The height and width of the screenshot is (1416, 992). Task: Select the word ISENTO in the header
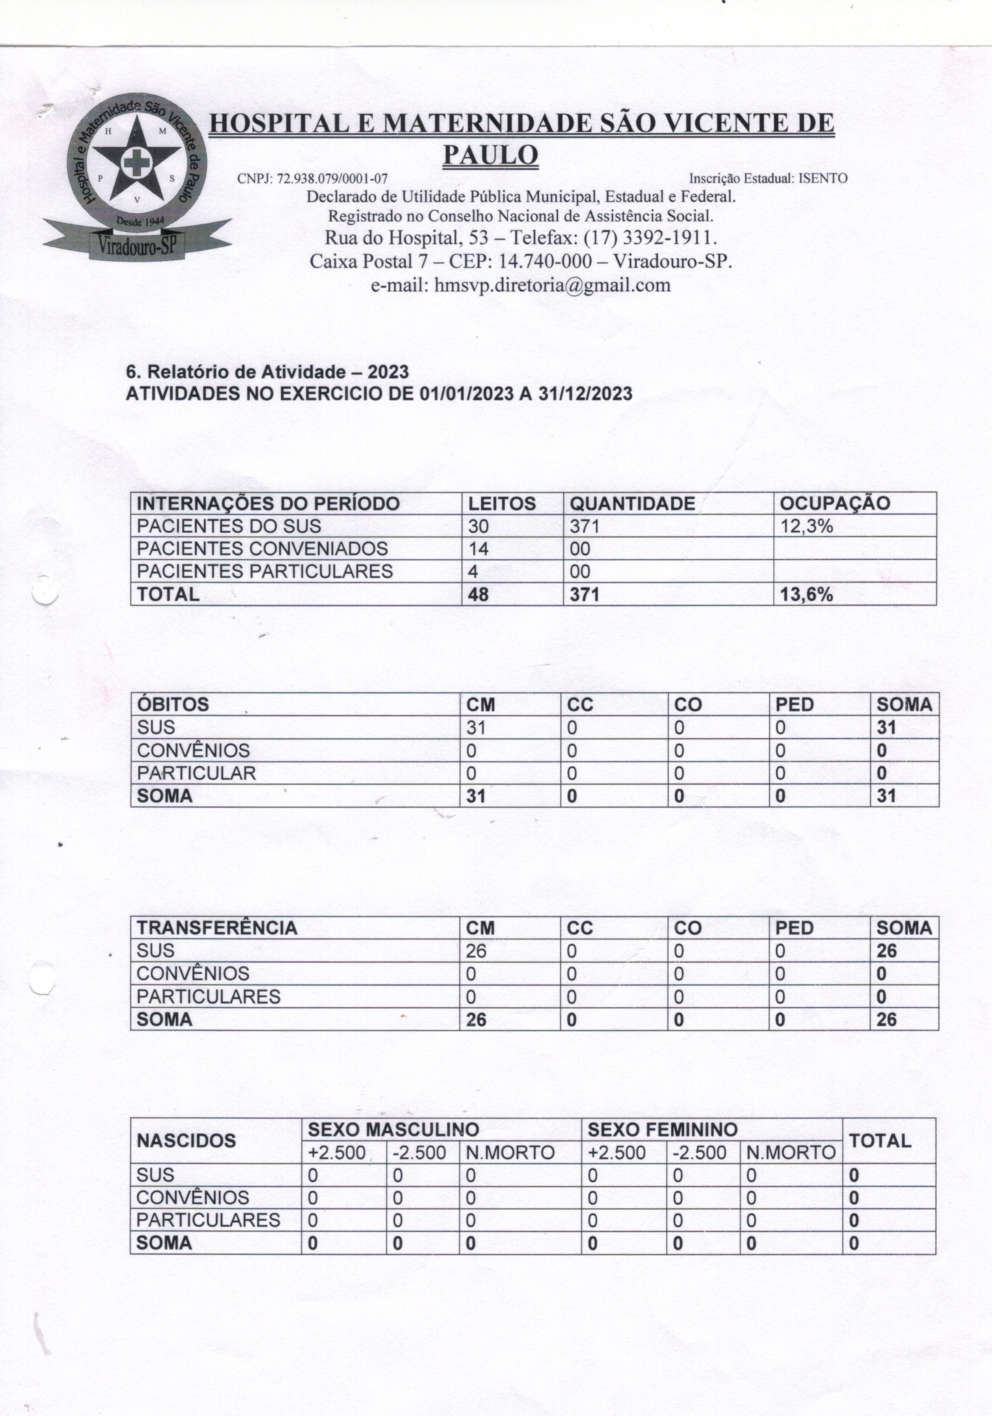click(823, 179)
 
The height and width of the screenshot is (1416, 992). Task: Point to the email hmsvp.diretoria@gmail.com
click(552, 285)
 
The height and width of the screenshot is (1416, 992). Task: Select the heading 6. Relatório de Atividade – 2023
click(267, 372)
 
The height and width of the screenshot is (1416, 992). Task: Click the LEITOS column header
click(502, 503)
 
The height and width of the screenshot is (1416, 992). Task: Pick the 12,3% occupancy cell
click(806, 526)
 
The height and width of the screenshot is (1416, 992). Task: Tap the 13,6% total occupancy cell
click(806, 594)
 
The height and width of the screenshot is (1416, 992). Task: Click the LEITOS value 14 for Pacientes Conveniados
click(478, 549)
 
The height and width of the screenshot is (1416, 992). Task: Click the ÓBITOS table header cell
click(173, 704)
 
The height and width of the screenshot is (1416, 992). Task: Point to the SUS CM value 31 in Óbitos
click(476, 728)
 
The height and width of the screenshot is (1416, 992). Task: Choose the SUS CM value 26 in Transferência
click(476, 951)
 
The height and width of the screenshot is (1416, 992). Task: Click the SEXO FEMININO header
click(662, 1130)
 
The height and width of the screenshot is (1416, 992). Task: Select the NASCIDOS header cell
click(186, 1141)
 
